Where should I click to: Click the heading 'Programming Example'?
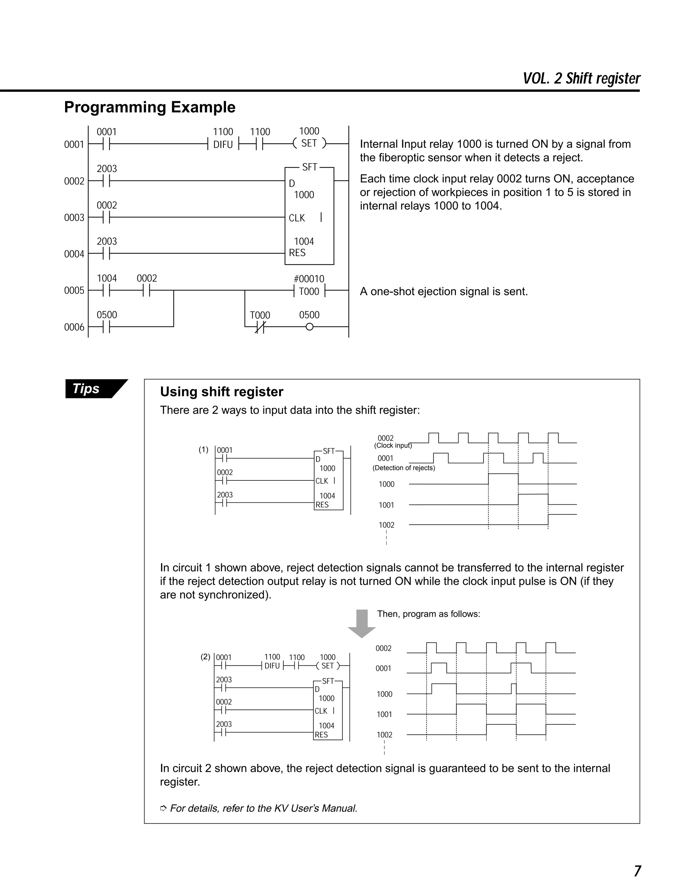pyautogui.click(x=149, y=107)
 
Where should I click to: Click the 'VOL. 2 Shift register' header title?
pyautogui.click(x=581, y=79)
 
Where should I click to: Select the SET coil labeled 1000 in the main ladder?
pyautogui.click(x=309, y=143)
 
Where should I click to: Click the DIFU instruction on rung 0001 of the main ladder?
pyautogui.click(x=223, y=144)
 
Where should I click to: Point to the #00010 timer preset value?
pyautogui.click(x=309, y=279)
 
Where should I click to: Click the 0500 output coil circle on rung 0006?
pyautogui.click(x=309, y=327)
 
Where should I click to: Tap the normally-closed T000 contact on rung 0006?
pyautogui.click(x=260, y=327)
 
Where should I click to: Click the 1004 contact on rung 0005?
pyautogui.click(x=106, y=290)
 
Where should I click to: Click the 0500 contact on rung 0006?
pyautogui.click(x=106, y=327)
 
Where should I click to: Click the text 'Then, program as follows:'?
pyautogui.click(x=428, y=614)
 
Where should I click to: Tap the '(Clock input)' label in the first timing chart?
pyautogui.click(x=393, y=445)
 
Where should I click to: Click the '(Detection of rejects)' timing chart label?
pyautogui.click(x=403, y=468)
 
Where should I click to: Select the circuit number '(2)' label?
pyautogui.click(x=205, y=656)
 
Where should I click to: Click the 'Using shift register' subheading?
pyautogui.click(x=221, y=392)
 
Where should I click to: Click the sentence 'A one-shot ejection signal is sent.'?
pyautogui.click(x=444, y=291)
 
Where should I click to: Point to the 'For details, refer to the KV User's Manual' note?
pyautogui.click(x=263, y=808)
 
